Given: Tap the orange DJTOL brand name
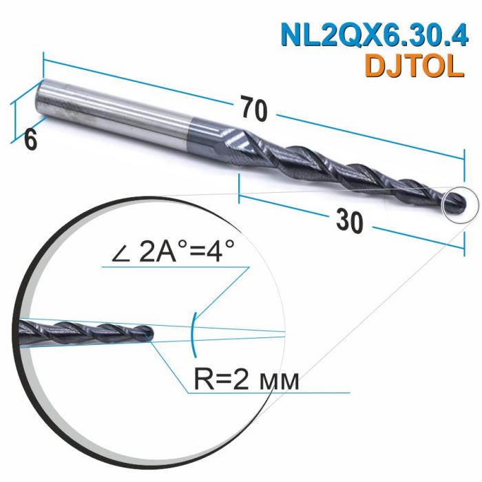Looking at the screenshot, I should pyautogui.click(x=411, y=66).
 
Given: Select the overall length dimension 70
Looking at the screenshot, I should pyautogui.click(x=254, y=107).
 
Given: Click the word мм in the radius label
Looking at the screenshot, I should pyautogui.click(x=282, y=380).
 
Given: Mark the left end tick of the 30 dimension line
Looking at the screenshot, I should pyautogui.click(x=239, y=188).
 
